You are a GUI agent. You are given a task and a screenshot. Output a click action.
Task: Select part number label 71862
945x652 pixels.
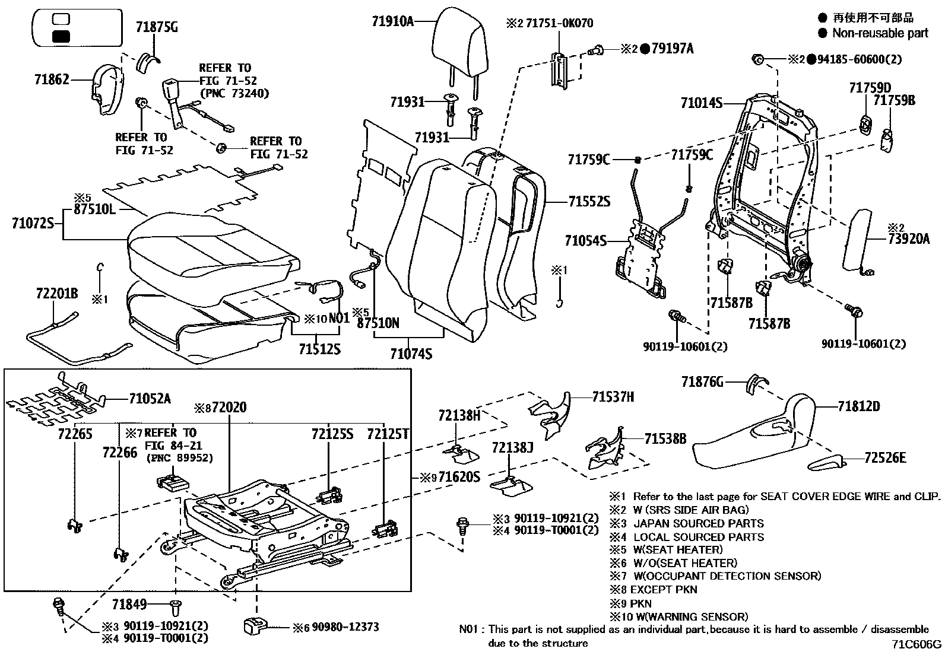point(52,79)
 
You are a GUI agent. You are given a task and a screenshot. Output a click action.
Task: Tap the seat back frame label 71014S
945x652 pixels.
point(701,104)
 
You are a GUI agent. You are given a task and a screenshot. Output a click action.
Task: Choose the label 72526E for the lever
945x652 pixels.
point(885,457)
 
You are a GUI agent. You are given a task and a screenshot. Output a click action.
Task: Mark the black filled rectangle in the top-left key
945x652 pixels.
point(61,37)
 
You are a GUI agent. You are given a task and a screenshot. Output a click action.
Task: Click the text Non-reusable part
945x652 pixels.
point(880,33)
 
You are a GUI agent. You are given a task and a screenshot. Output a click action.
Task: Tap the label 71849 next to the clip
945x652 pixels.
point(129,605)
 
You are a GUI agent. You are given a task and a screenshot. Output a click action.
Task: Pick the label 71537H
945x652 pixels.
point(613,397)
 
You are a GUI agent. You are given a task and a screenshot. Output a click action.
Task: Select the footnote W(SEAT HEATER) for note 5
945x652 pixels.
point(678,549)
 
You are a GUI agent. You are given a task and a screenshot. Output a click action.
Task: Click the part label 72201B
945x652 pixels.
point(56,293)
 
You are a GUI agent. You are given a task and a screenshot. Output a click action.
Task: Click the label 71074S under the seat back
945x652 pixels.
point(411,354)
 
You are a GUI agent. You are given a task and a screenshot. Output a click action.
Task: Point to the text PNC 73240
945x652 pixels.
point(234,93)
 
